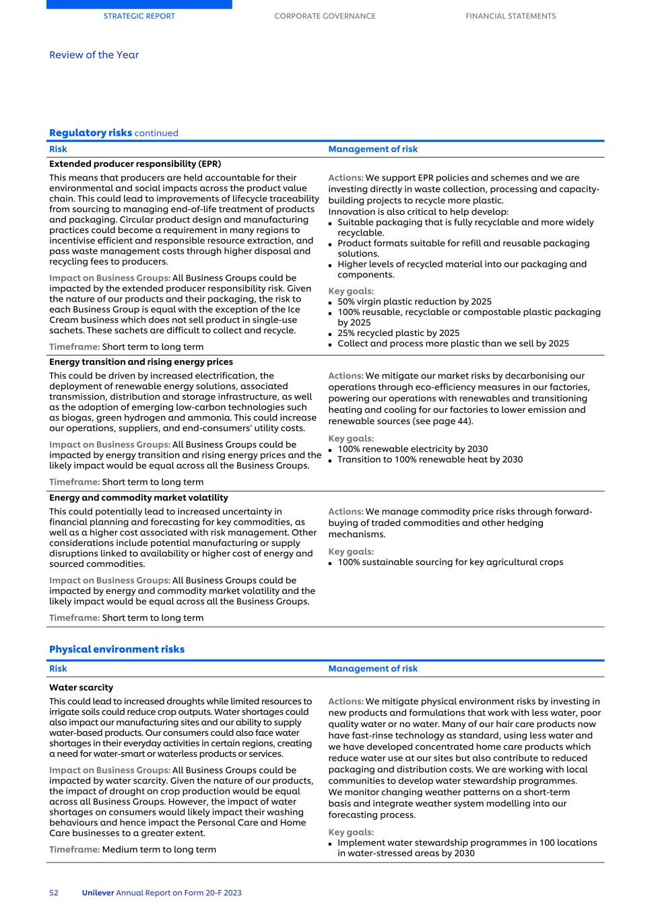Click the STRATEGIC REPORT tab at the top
point(139,16)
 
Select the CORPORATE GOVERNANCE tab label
point(325,16)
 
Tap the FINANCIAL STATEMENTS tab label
point(511,16)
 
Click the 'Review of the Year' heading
point(94,55)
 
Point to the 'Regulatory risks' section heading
point(90,133)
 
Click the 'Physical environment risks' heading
point(117,649)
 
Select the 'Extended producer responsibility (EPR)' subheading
point(135,164)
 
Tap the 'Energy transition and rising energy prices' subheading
point(141,362)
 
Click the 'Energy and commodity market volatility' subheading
point(138,498)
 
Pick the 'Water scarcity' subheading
point(81,687)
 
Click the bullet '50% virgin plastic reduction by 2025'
point(414,302)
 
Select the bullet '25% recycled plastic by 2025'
point(398,333)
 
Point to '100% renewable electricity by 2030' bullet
point(412,449)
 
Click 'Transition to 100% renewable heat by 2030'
point(430,459)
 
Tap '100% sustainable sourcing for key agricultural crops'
point(450,562)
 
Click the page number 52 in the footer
point(54,893)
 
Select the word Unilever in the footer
point(98,893)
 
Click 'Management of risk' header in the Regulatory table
point(372,149)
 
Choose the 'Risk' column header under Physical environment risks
point(58,669)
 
